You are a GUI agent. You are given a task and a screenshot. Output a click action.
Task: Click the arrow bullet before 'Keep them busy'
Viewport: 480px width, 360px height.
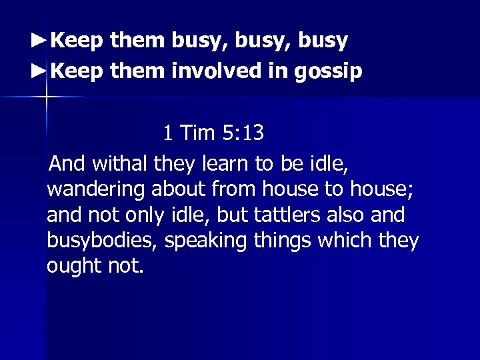(x=39, y=41)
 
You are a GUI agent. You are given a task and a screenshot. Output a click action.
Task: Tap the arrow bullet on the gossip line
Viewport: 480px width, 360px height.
(x=39, y=71)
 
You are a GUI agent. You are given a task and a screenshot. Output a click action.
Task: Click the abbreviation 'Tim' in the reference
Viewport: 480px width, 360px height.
(x=197, y=133)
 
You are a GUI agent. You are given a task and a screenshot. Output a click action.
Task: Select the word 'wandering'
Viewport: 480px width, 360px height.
(x=96, y=189)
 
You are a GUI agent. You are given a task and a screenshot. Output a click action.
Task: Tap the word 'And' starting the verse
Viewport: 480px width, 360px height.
(x=67, y=163)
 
